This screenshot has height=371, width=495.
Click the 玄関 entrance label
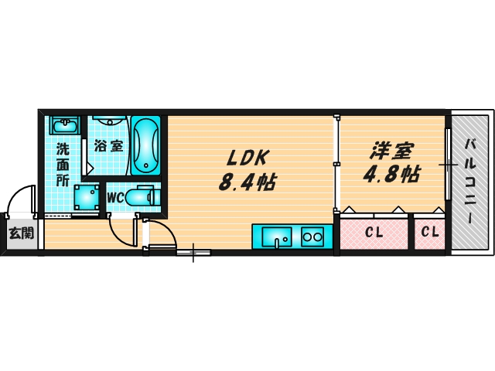point(21,232)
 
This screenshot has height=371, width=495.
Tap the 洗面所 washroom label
point(62,162)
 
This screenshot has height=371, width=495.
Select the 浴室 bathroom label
point(108,145)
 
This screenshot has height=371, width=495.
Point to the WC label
point(114,197)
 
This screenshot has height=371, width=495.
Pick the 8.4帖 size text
point(247,182)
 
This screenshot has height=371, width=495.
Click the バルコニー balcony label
point(470,182)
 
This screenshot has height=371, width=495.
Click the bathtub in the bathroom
point(145,146)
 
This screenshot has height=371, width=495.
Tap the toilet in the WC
point(142,198)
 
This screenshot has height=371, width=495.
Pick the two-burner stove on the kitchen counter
point(312,235)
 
